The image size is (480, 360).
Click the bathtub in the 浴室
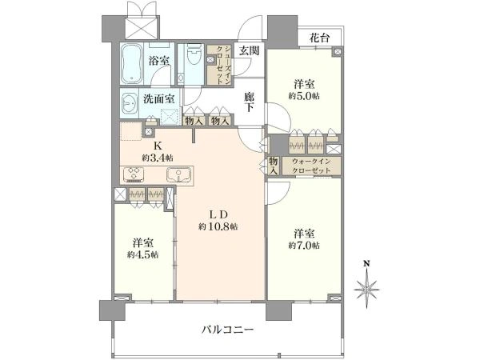132,63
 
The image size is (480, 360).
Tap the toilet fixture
193,54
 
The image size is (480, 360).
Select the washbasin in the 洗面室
130,104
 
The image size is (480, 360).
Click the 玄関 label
249,50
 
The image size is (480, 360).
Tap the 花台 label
319,38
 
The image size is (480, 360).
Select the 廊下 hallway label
249,102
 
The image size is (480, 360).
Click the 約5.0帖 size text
304,96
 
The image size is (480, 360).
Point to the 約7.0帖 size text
304,246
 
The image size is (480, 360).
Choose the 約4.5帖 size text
142,254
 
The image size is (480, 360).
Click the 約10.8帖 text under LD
218,227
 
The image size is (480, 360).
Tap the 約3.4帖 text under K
158,158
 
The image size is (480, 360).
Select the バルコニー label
228,330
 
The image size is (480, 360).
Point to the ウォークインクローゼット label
311,166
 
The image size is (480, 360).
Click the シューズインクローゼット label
220,65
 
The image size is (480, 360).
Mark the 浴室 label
159,61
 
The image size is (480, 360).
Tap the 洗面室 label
159,99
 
